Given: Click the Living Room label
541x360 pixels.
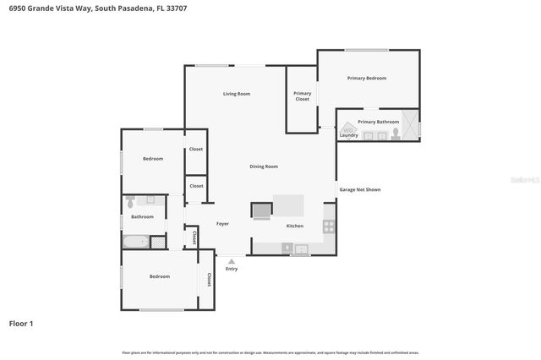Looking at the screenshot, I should (x=237, y=94).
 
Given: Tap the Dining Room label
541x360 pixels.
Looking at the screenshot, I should (x=264, y=166).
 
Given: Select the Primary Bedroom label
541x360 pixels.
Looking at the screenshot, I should (x=367, y=78).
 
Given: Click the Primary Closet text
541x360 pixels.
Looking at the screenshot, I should (x=302, y=96).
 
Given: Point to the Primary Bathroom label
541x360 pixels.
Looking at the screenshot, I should (x=377, y=122).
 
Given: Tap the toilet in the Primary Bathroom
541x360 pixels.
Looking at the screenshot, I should (x=395, y=134).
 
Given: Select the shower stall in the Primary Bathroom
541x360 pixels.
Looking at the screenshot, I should (x=410, y=124).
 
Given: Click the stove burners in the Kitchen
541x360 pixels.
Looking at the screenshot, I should (x=328, y=226).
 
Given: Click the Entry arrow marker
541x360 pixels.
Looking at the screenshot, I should (x=231, y=261).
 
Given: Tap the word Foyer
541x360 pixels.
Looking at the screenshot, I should (x=222, y=224).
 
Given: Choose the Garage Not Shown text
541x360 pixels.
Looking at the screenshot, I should (x=359, y=189).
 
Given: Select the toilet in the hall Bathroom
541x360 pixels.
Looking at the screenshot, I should (x=130, y=203).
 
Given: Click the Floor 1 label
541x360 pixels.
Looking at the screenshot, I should (x=21, y=323).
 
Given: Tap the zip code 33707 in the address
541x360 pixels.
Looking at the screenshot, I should (x=174, y=8).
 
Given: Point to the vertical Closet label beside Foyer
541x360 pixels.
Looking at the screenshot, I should (x=195, y=237).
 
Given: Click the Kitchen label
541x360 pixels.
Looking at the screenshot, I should (x=294, y=226).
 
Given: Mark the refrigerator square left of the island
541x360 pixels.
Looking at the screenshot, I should (x=261, y=209).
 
